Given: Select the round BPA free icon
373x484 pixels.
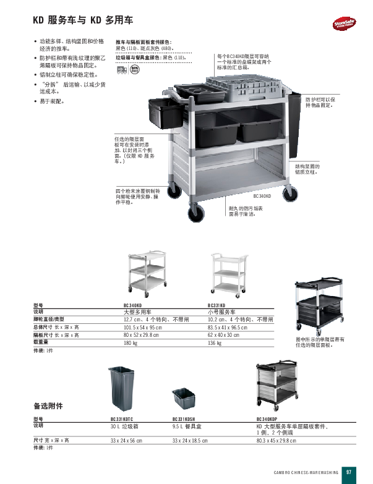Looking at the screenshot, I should click(x=135, y=69).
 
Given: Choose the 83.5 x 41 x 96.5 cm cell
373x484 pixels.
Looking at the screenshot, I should click(x=227, y=327).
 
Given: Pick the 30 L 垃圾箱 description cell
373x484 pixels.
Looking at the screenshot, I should click(x=123, y=427).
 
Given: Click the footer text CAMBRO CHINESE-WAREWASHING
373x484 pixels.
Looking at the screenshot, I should click(x=305, y=473).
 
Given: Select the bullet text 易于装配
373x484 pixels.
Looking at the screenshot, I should click(x=53, y=101).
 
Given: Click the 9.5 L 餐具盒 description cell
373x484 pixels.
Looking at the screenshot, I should click(x=186, y=427).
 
